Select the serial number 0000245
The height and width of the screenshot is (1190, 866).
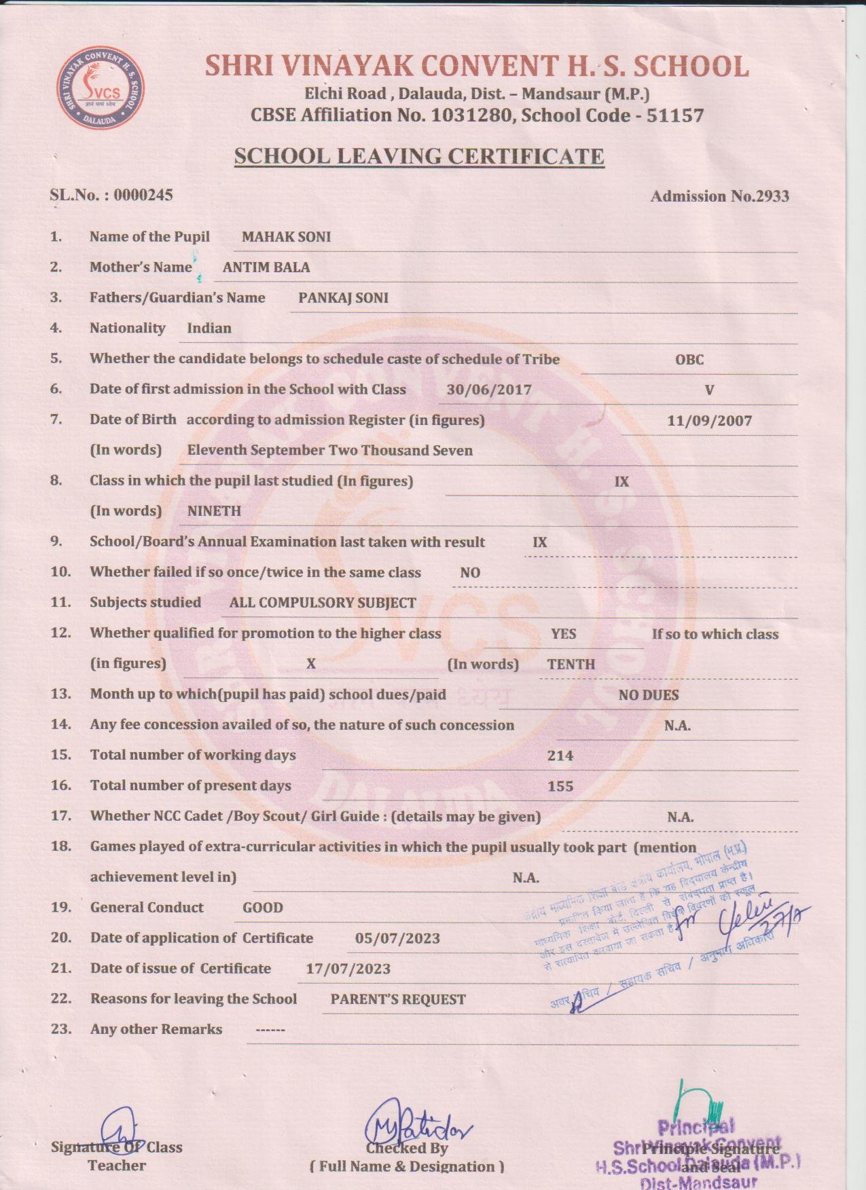143,196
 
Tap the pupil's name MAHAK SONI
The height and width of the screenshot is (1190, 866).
286,237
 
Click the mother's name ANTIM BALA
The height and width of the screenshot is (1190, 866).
266,267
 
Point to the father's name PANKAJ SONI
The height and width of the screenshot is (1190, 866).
343,298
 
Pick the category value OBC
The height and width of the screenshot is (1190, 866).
689,360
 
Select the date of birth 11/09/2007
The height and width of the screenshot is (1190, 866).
709,421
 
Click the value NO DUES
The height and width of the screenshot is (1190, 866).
648,695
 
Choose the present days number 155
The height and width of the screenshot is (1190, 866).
560,787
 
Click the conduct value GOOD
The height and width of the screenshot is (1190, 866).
263,908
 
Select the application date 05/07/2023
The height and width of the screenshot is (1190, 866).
397,939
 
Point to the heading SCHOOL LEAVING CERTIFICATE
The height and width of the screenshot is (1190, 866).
419,157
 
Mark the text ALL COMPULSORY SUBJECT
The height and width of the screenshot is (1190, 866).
323,603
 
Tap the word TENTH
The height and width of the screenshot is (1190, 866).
571,665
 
